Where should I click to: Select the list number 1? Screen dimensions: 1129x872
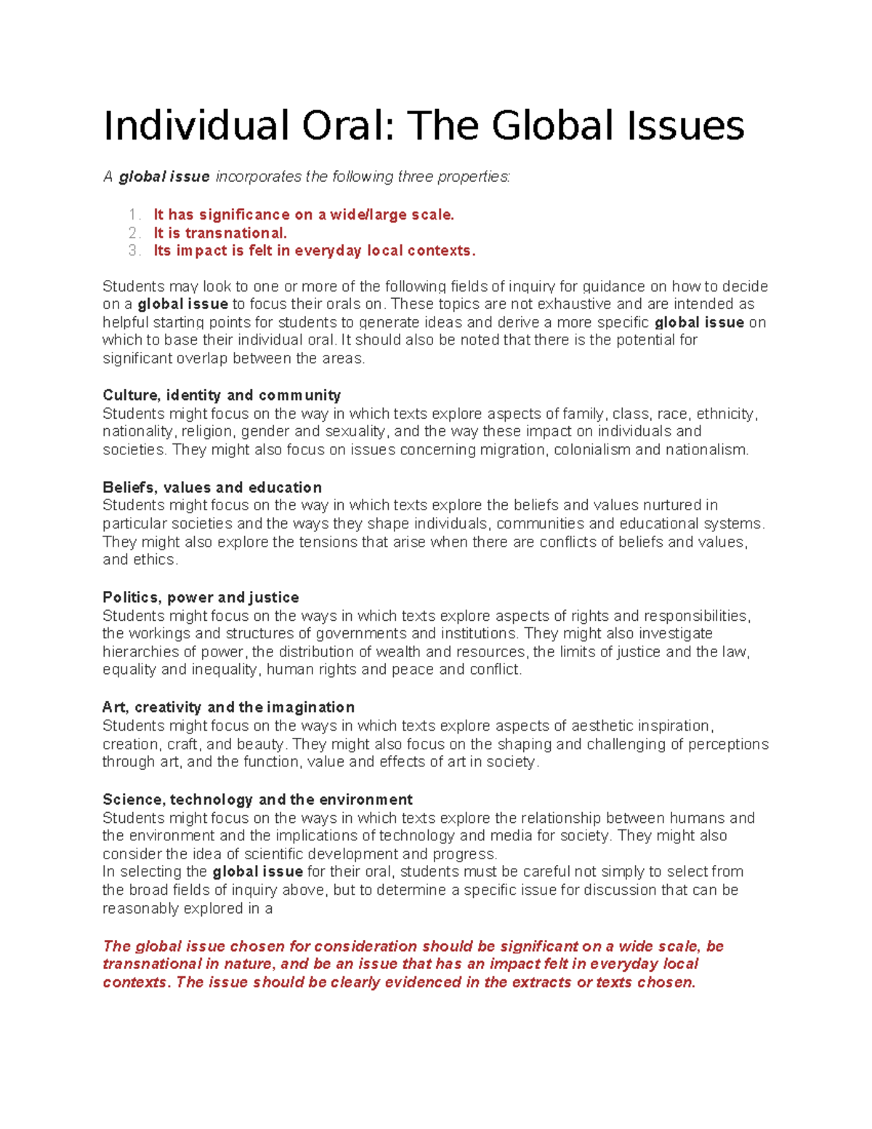pos(134,215)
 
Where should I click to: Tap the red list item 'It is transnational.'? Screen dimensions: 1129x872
pos(220,233)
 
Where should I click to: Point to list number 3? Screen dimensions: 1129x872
pos(134,251)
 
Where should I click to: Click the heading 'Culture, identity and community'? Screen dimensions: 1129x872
pos(222,395)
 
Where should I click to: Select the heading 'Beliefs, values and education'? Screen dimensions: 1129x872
pos(212,488)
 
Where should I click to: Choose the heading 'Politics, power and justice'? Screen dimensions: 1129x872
pos(201,598)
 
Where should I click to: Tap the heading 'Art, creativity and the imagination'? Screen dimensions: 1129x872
pos(228,707)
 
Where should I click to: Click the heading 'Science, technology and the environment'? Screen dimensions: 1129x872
pos(257,800)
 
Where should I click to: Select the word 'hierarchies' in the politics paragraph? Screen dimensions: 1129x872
pos(140,652)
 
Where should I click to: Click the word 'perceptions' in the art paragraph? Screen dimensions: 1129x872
pos(728,744)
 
